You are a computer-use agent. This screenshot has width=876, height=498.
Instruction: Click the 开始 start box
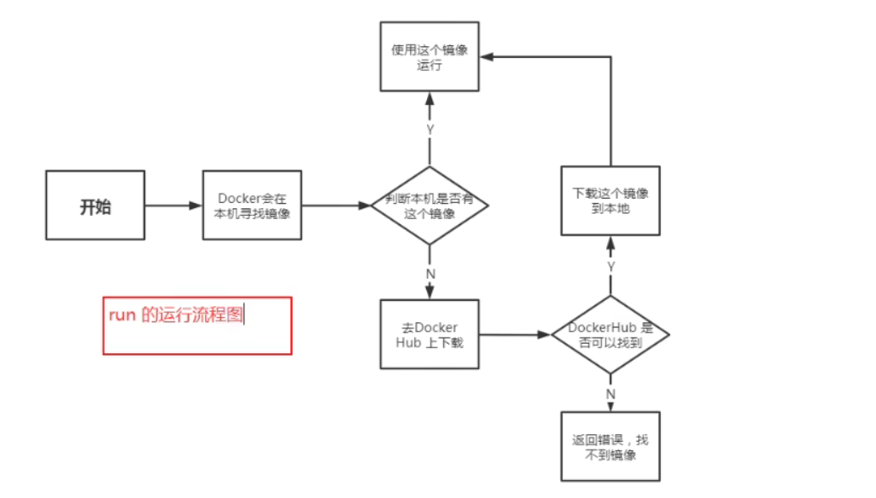coord(95,206)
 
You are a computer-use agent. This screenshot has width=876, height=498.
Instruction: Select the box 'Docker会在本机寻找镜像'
coord(252,206)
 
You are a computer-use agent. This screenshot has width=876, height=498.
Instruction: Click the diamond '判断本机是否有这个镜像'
coord(429,206)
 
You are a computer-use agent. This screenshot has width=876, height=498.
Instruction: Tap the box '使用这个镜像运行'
coord(429,57)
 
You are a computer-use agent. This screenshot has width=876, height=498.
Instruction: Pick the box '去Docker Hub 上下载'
coord(429,334)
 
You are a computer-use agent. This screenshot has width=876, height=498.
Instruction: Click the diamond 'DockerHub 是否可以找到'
coord(610,334)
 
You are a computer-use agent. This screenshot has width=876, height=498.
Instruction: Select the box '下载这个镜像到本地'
coord(610,200)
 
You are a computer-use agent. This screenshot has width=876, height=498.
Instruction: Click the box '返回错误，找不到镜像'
coord(610,447)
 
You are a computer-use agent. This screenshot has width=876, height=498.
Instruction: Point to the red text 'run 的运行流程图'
coord(176,315)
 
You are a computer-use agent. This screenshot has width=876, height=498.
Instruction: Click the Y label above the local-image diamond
coord(429,129)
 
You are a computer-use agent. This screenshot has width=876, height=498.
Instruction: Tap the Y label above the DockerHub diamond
coord(610,266)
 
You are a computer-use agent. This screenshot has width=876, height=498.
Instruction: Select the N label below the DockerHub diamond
coord(610,393)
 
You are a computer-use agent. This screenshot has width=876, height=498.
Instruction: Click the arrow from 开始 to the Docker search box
coord(173,206)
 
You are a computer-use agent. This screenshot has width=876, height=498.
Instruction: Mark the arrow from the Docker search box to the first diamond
coord(336,206)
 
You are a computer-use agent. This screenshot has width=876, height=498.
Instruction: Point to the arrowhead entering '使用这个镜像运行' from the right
coord(486,56)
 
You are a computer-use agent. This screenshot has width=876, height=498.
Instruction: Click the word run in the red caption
coord(122,315)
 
